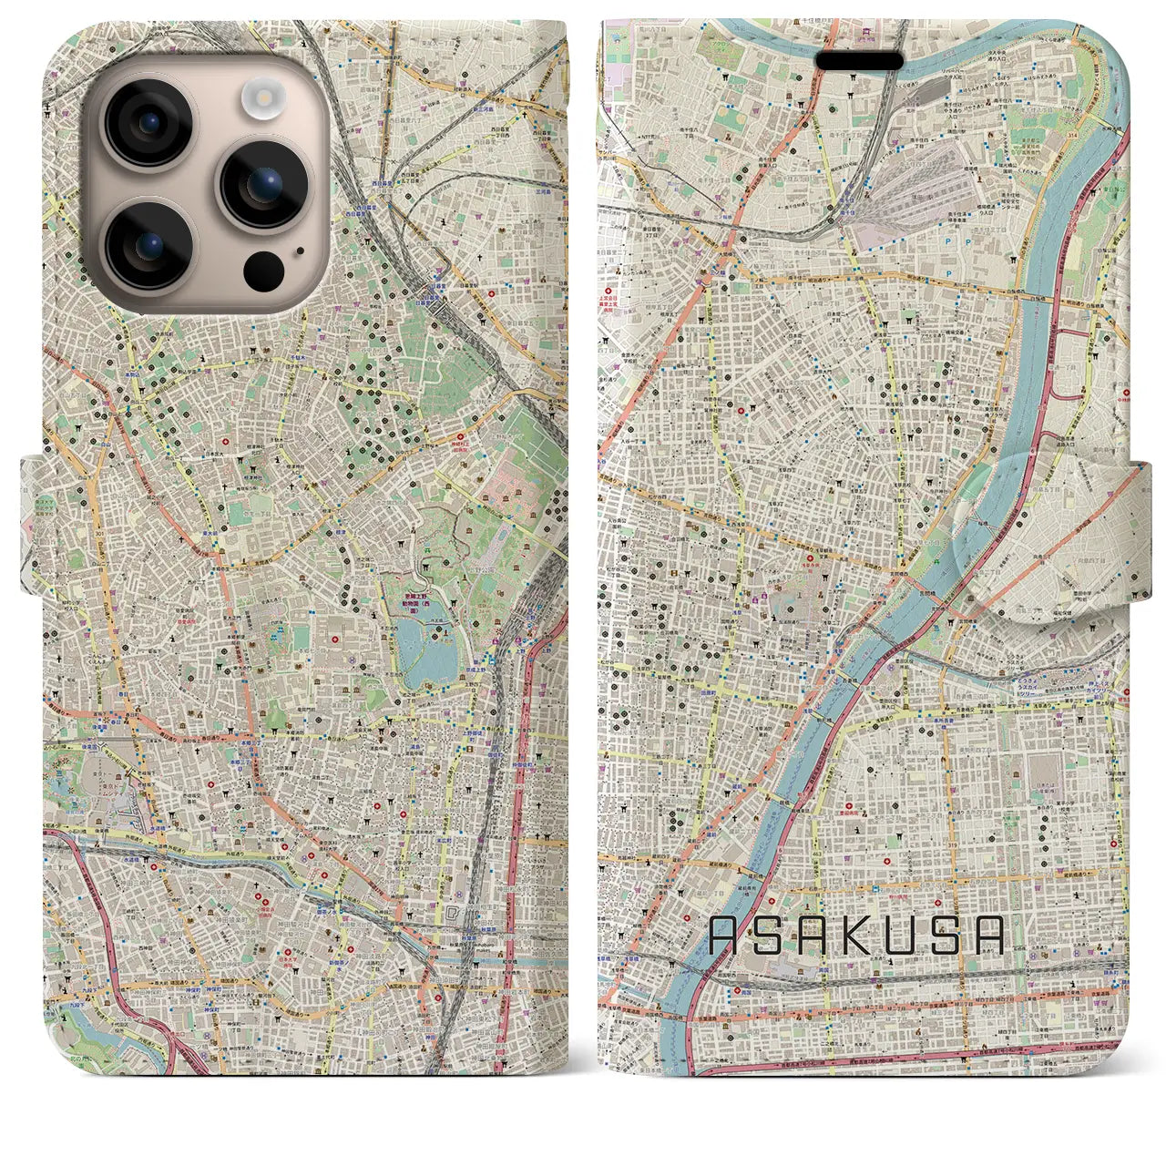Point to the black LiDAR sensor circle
[x=263, y=269]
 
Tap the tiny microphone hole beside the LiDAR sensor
[x=299, y=249]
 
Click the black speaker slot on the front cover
[x=859, y=60]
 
